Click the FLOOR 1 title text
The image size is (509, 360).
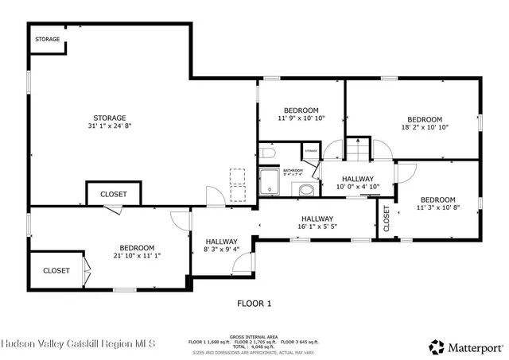click(x=254, y=303)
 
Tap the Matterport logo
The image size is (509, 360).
click(x=466, y=346)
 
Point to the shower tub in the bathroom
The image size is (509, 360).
click(x=270, y=181)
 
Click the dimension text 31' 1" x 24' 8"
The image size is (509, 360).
click(x=110, y=126)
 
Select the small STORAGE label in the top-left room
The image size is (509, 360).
click(x=47, y=39)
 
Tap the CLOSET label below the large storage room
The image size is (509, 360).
click(x=113, y=194)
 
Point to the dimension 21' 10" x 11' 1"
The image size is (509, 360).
click(x=137, y=255)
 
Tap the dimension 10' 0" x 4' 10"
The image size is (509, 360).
click(x=358, y=187)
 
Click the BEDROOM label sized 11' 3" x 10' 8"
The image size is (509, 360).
click(x=437, y=199)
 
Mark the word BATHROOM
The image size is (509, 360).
click(x=294, y=170)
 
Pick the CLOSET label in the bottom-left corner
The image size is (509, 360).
click(x=56, y=270)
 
